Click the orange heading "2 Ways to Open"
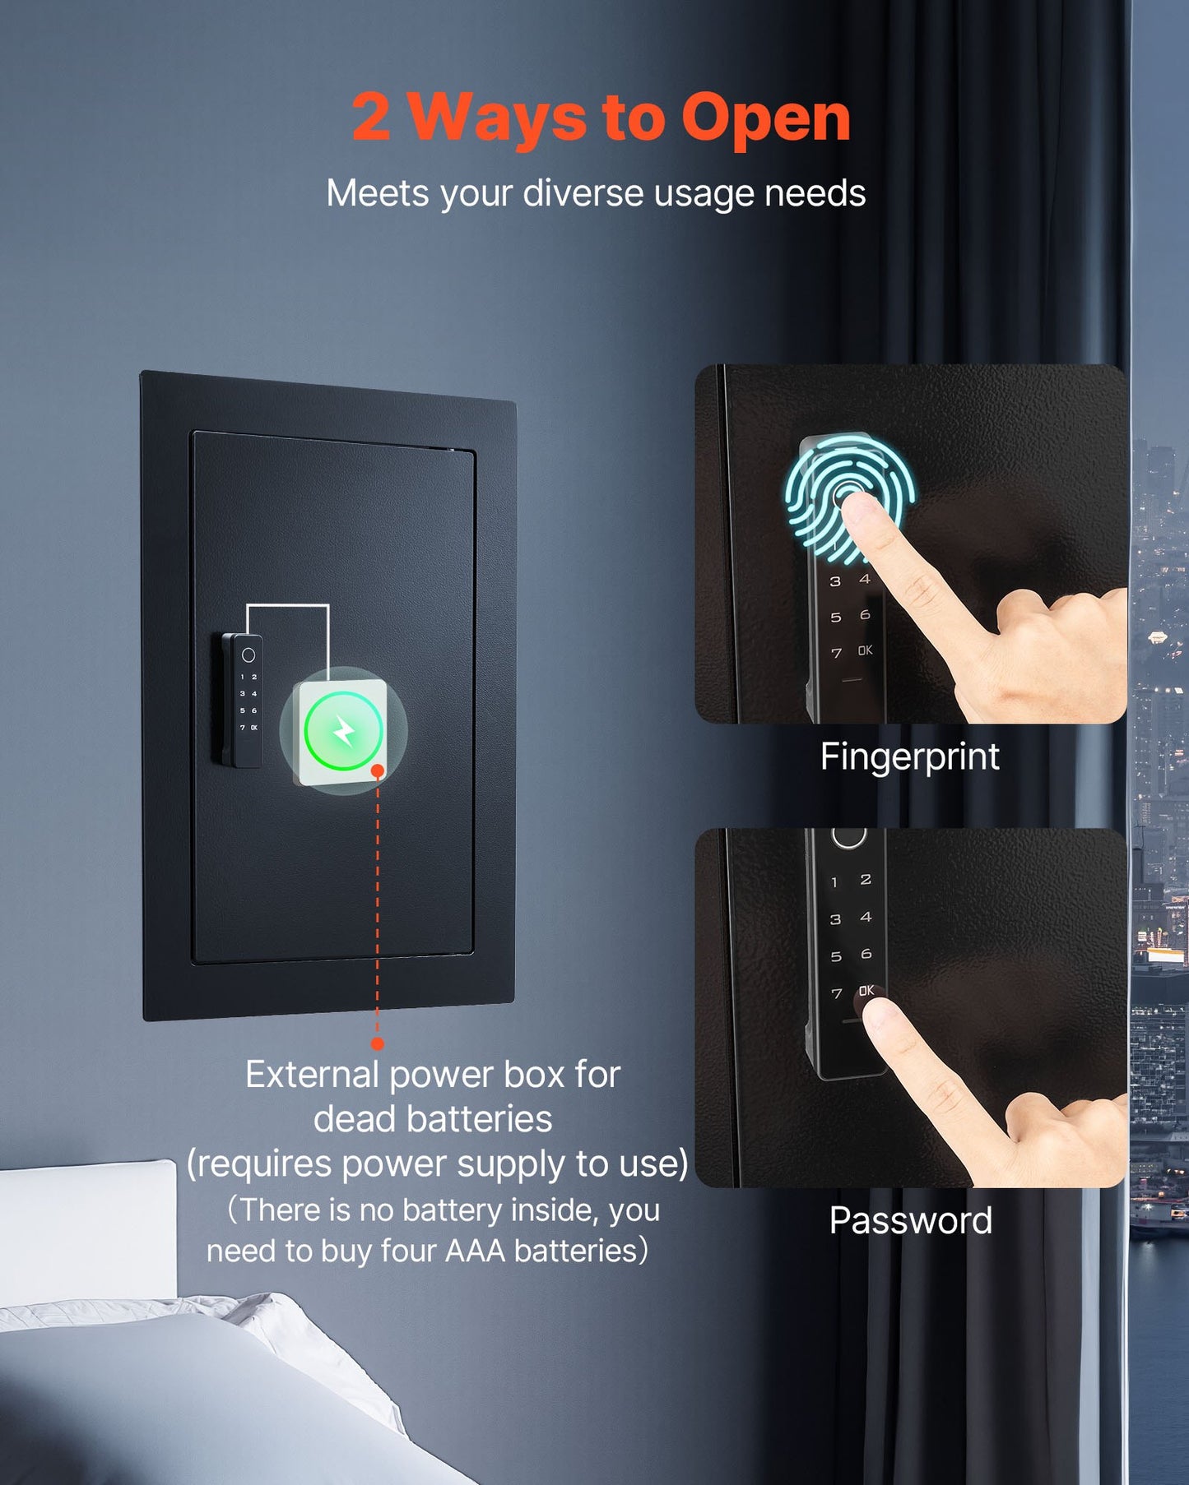tap(601, 118)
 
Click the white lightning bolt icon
tap(344, 730)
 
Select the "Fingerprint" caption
tap(909, 756)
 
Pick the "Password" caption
tap(910, 1220)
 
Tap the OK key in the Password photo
tap(866, 991)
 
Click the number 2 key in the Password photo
tap(866, 880)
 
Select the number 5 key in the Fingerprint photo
tap(836, 617)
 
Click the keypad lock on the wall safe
tap(243, 701)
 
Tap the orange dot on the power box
tap(378, 771)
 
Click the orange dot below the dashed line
tap(378, 1043)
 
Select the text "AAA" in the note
tap(475, 1250)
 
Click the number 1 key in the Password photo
tap(834, 882)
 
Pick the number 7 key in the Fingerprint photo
tap(836, 653)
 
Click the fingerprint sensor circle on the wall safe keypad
tap(248, 655)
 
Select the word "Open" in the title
tap(765, 118)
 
